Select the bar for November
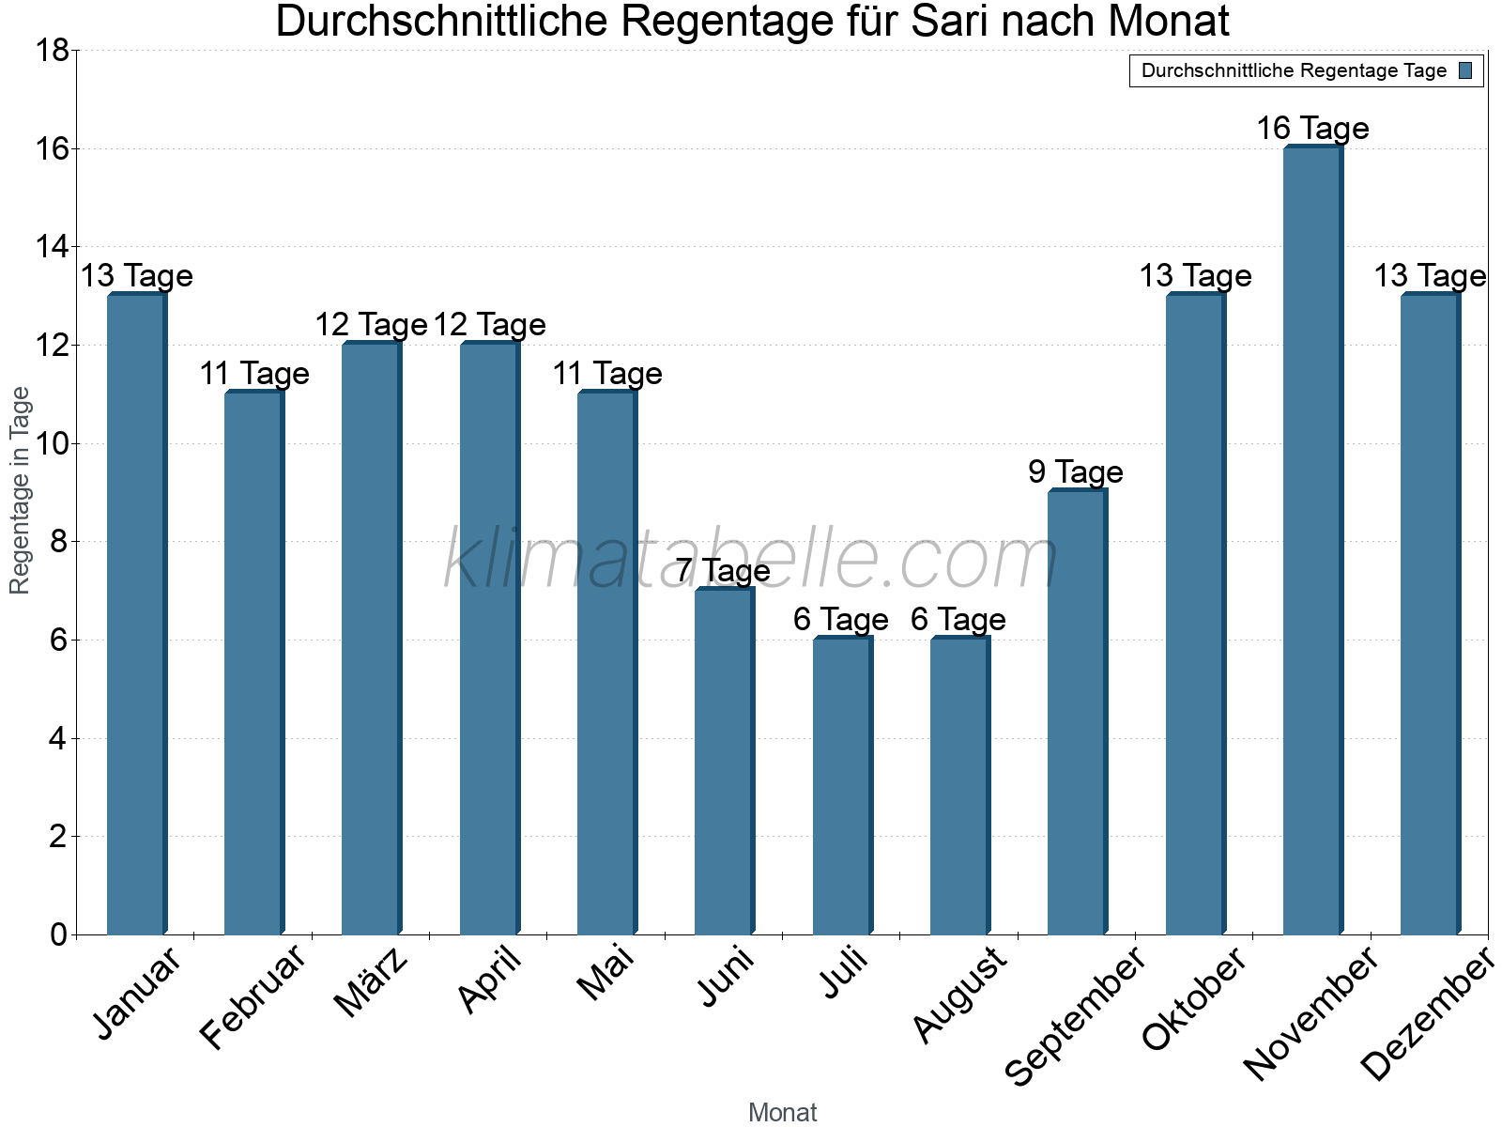pyautogui.click(x=1312, y=540)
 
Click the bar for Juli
pyautogui.click(x=842, y=786)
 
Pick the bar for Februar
pyautogui.click(x=253, y=663)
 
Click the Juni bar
pyautogui.click(x=724, y=762)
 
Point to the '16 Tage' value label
pyautogui.click(x=1312, y=128)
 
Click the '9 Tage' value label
pyautogui.click(x=1076, y=471)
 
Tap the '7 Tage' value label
pyautogui.click(x=723, y=570)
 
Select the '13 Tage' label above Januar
pyautogui.click(x=136, y=276)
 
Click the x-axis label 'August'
pyautogui.click(x=959, y=994)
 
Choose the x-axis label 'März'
pyautogui.click(x=372, y=982)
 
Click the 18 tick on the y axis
pyautogui.click(x=53, y=51)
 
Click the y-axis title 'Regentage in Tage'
pyautogui.click(x=20, y=490)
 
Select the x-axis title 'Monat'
pyautogui.click(x=782, y=1113)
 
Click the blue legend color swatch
pyautogui.click(x=1465, y=70)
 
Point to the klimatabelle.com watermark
pyautogui.click(x=751, y=560)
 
